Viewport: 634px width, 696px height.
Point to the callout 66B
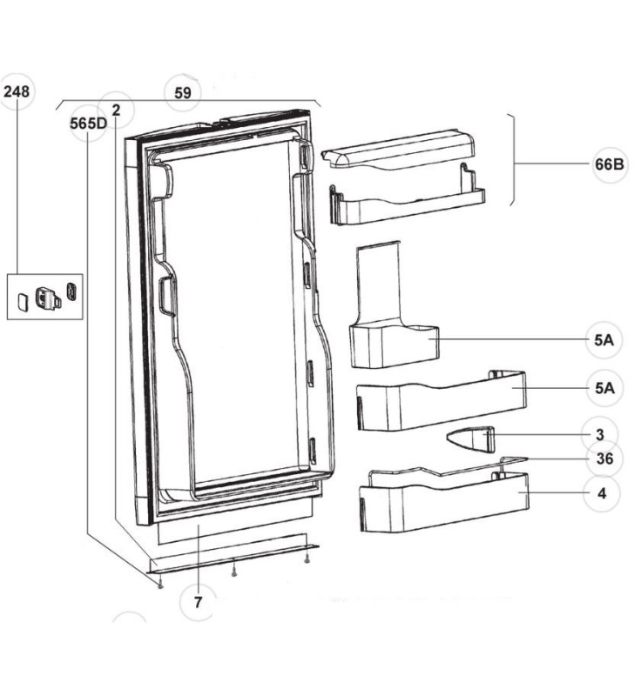(610, 166)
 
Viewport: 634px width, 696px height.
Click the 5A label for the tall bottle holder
(604, 341)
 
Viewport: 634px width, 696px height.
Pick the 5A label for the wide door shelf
(604, 387)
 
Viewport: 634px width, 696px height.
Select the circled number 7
(198, 601)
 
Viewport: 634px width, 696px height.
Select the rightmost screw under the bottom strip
(307, 559)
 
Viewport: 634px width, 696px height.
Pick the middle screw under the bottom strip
(233, 571)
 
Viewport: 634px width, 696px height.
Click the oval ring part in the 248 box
(71, 290)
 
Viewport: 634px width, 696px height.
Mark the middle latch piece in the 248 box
(47, 297)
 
